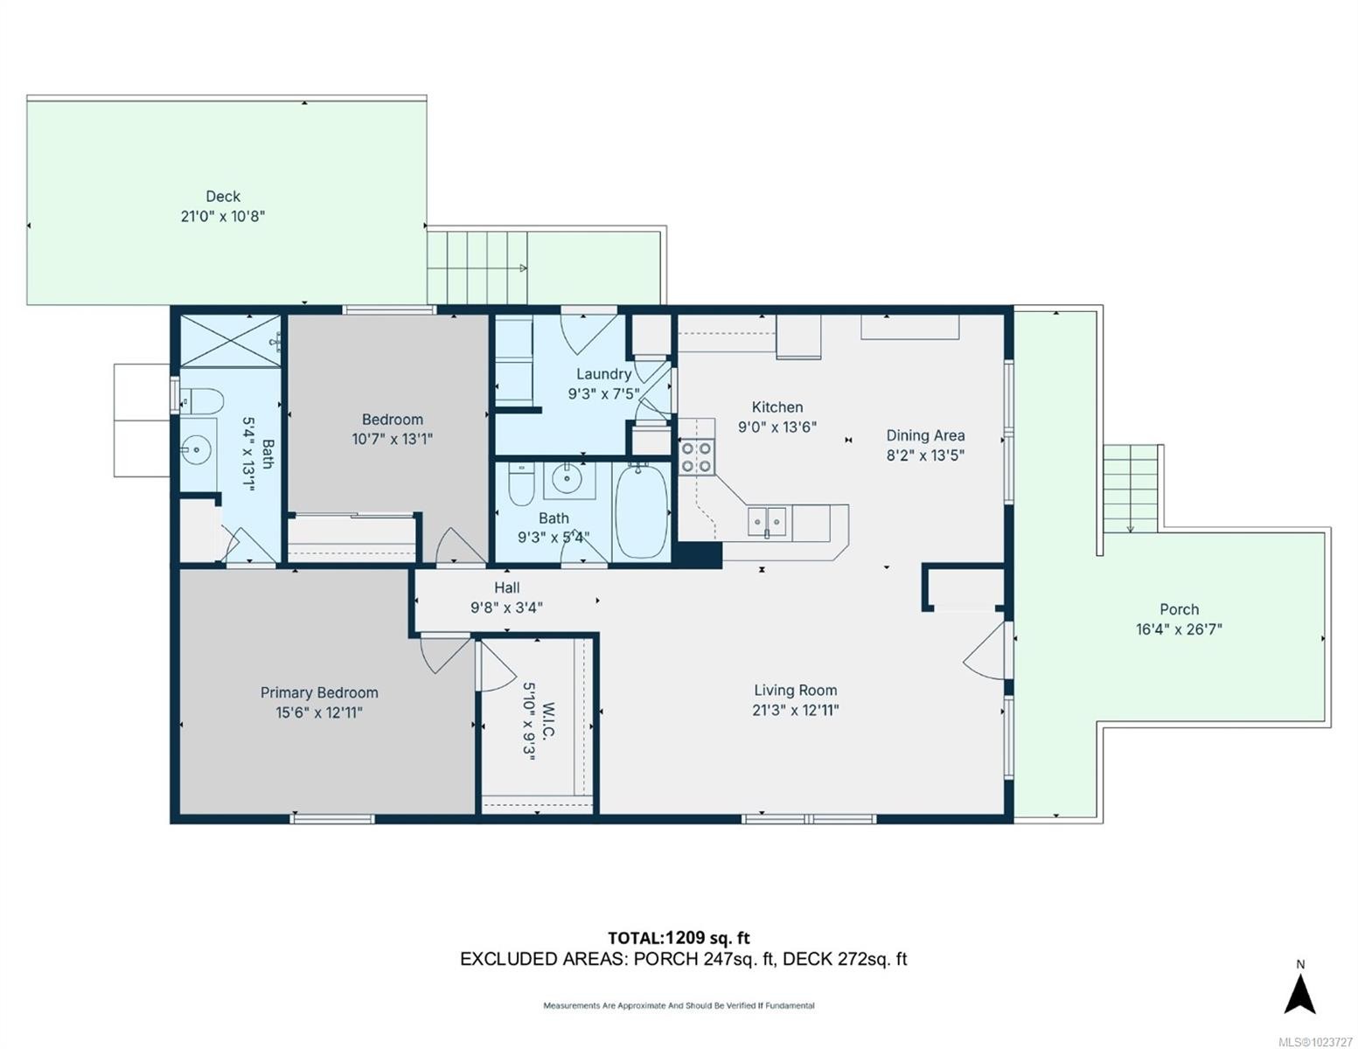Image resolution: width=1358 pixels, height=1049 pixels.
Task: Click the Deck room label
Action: tap(223, 197)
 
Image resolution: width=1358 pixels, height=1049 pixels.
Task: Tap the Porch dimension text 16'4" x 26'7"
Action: tap(1178, 629)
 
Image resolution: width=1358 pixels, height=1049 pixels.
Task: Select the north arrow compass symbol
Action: tap(1299, 992)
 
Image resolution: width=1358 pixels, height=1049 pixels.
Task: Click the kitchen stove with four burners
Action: tap(696, 457)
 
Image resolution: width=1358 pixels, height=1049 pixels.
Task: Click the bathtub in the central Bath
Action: tap(641, 512)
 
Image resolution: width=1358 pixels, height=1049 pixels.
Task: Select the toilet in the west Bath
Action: tap(201, 401)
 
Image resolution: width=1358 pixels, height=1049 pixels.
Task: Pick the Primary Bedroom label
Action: tap(319, 692)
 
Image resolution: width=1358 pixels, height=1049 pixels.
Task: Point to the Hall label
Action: tap(506, 587)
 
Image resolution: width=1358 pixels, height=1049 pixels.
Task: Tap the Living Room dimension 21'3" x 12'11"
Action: tap(795, 710)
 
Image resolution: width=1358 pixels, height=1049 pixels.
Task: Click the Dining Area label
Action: tap(925, 435)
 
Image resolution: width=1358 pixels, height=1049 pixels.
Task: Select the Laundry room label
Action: tap(603, 374)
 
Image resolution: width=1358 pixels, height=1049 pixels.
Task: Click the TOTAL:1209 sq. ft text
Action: tap(679, 938)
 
